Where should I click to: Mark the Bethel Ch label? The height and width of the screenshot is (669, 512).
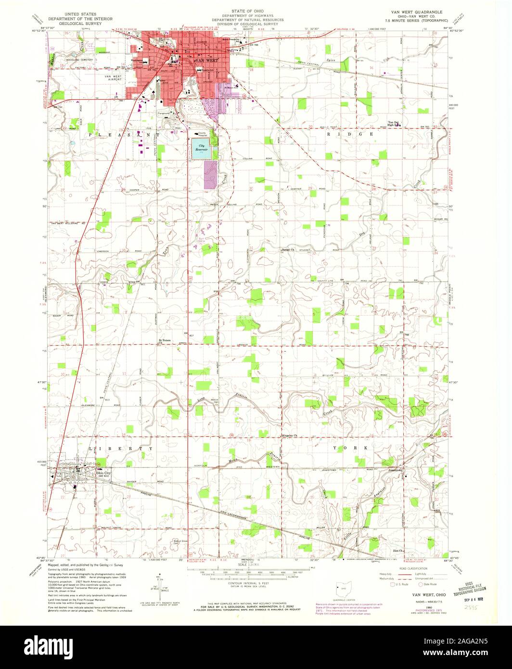(287, 250)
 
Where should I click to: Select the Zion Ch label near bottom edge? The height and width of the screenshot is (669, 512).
(397, 551)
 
